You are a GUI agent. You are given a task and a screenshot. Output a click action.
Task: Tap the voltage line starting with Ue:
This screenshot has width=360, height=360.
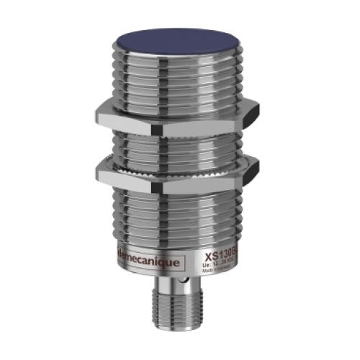tap(220, 264)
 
